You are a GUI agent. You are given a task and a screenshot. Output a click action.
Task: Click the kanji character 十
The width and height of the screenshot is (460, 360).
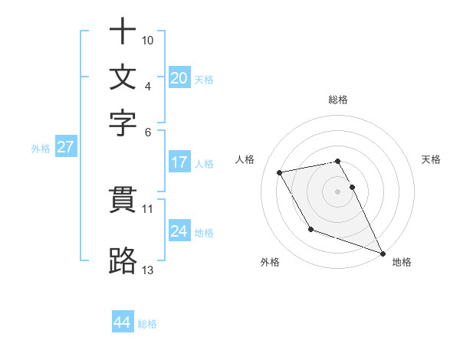coord(123,32)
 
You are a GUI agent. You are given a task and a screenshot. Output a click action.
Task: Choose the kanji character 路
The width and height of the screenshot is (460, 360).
coord(123,260)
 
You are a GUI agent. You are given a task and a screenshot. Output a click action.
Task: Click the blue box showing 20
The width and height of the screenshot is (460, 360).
coord(179,77)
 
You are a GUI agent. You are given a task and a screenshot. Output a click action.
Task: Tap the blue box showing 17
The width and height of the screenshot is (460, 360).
coord(179,162)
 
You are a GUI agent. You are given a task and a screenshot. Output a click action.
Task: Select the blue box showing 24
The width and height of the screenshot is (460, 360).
coord(179,231)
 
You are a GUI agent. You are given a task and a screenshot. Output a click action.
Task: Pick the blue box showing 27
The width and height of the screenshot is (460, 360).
coord(65,147)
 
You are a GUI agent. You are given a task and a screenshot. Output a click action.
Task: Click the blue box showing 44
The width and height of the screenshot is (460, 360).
coord(122,322)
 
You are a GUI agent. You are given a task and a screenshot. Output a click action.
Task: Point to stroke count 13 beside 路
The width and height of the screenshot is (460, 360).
coord(147,270)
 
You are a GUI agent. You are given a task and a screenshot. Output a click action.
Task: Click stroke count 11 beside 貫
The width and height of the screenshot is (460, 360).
coord(147,208)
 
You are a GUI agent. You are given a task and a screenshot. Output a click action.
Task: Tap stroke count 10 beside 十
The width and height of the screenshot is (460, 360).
coord(148,40)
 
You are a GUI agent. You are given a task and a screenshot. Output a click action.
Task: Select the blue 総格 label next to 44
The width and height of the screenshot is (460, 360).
coord(147,324)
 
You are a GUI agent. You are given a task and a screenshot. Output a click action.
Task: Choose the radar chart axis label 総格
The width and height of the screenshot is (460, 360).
coord(338,100)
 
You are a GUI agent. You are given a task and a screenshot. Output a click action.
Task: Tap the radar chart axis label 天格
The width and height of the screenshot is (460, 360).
coord(431,159)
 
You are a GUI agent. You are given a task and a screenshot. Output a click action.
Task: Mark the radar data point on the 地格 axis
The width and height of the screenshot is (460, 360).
coord(383,253)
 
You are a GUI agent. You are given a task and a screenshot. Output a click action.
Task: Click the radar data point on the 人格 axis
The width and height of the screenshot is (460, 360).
coord(280,173)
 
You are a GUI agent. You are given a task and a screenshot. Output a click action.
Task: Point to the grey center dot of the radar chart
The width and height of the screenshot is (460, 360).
coord(338,191)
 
